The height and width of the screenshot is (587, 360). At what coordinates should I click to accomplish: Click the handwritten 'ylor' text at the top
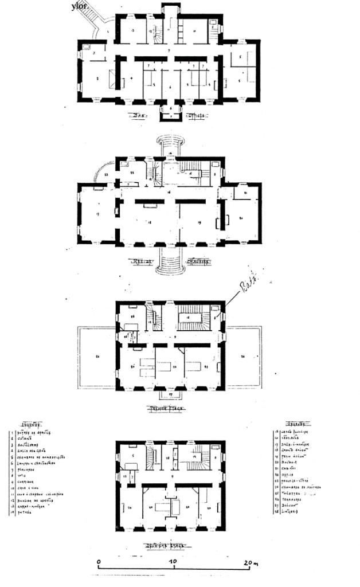click(x=81, y=6)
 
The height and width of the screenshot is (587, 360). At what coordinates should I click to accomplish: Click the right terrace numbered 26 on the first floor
click(x=244, y=357)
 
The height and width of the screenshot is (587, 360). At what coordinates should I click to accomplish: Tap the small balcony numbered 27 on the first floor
click(x=170, y=396)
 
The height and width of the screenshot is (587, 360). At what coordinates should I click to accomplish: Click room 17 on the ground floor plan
click(x=97, y=215)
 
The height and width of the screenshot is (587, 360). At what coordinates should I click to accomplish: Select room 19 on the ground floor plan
click(x=198, y=221)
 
